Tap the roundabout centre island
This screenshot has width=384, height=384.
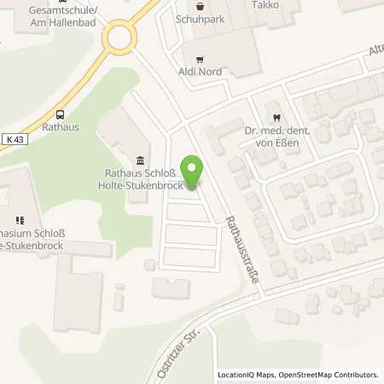click(118, 38)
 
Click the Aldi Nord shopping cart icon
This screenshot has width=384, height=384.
click(200, 59)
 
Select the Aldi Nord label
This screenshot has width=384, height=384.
click(200, 72)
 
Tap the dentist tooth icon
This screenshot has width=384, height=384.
click(276, 118)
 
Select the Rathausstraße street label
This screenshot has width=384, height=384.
click(240, 248)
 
